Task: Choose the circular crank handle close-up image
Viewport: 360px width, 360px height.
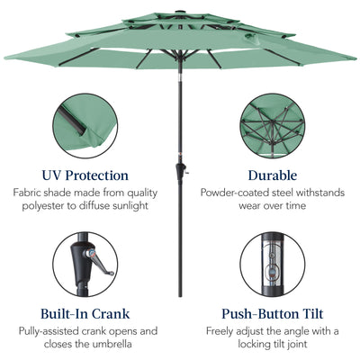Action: [85, 267]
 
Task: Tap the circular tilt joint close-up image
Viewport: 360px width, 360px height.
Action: [273, 267]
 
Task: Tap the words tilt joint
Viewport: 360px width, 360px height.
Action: [289, 346]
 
